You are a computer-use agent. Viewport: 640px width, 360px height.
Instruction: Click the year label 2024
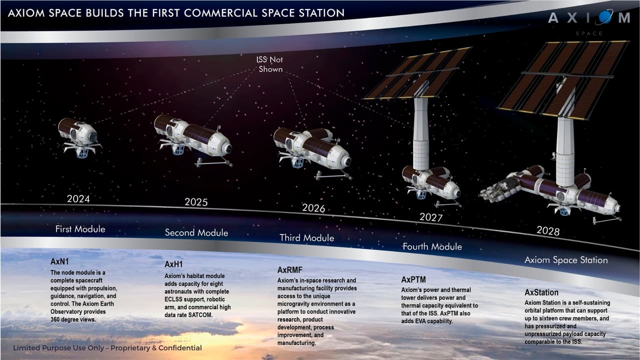pos(78,199)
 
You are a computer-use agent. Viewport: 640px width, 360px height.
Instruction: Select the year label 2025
pos(196,202)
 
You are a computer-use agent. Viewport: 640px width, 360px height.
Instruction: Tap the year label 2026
pos(313,207)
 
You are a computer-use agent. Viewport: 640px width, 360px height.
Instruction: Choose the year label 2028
pos(548,230)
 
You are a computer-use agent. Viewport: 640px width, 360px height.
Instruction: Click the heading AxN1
pos(61,262)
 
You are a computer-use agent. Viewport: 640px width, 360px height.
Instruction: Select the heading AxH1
pos(174,264)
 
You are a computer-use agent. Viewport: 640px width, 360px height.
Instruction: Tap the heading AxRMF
pos(290,270)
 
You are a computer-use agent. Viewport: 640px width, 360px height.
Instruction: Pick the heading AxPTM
pos(414,279)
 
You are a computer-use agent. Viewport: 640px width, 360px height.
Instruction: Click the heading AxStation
pos(541,292)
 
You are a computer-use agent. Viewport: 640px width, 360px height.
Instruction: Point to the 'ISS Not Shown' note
pos(270,64)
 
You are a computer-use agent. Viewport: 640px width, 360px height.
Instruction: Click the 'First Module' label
pos(80,229)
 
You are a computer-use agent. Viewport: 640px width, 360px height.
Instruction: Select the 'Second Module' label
pos(196,232)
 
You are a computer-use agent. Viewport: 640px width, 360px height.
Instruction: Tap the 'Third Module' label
pos(306,238)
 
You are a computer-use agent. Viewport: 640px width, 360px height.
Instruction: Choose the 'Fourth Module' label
pos(432,246)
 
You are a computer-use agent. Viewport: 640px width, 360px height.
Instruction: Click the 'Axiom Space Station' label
pos(566,260)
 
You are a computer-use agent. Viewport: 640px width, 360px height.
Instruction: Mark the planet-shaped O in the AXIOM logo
pos(604,18)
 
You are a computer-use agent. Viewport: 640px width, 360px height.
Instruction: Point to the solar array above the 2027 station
pos(418,73)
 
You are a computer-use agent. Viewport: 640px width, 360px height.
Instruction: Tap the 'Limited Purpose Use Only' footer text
pos(107,348)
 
